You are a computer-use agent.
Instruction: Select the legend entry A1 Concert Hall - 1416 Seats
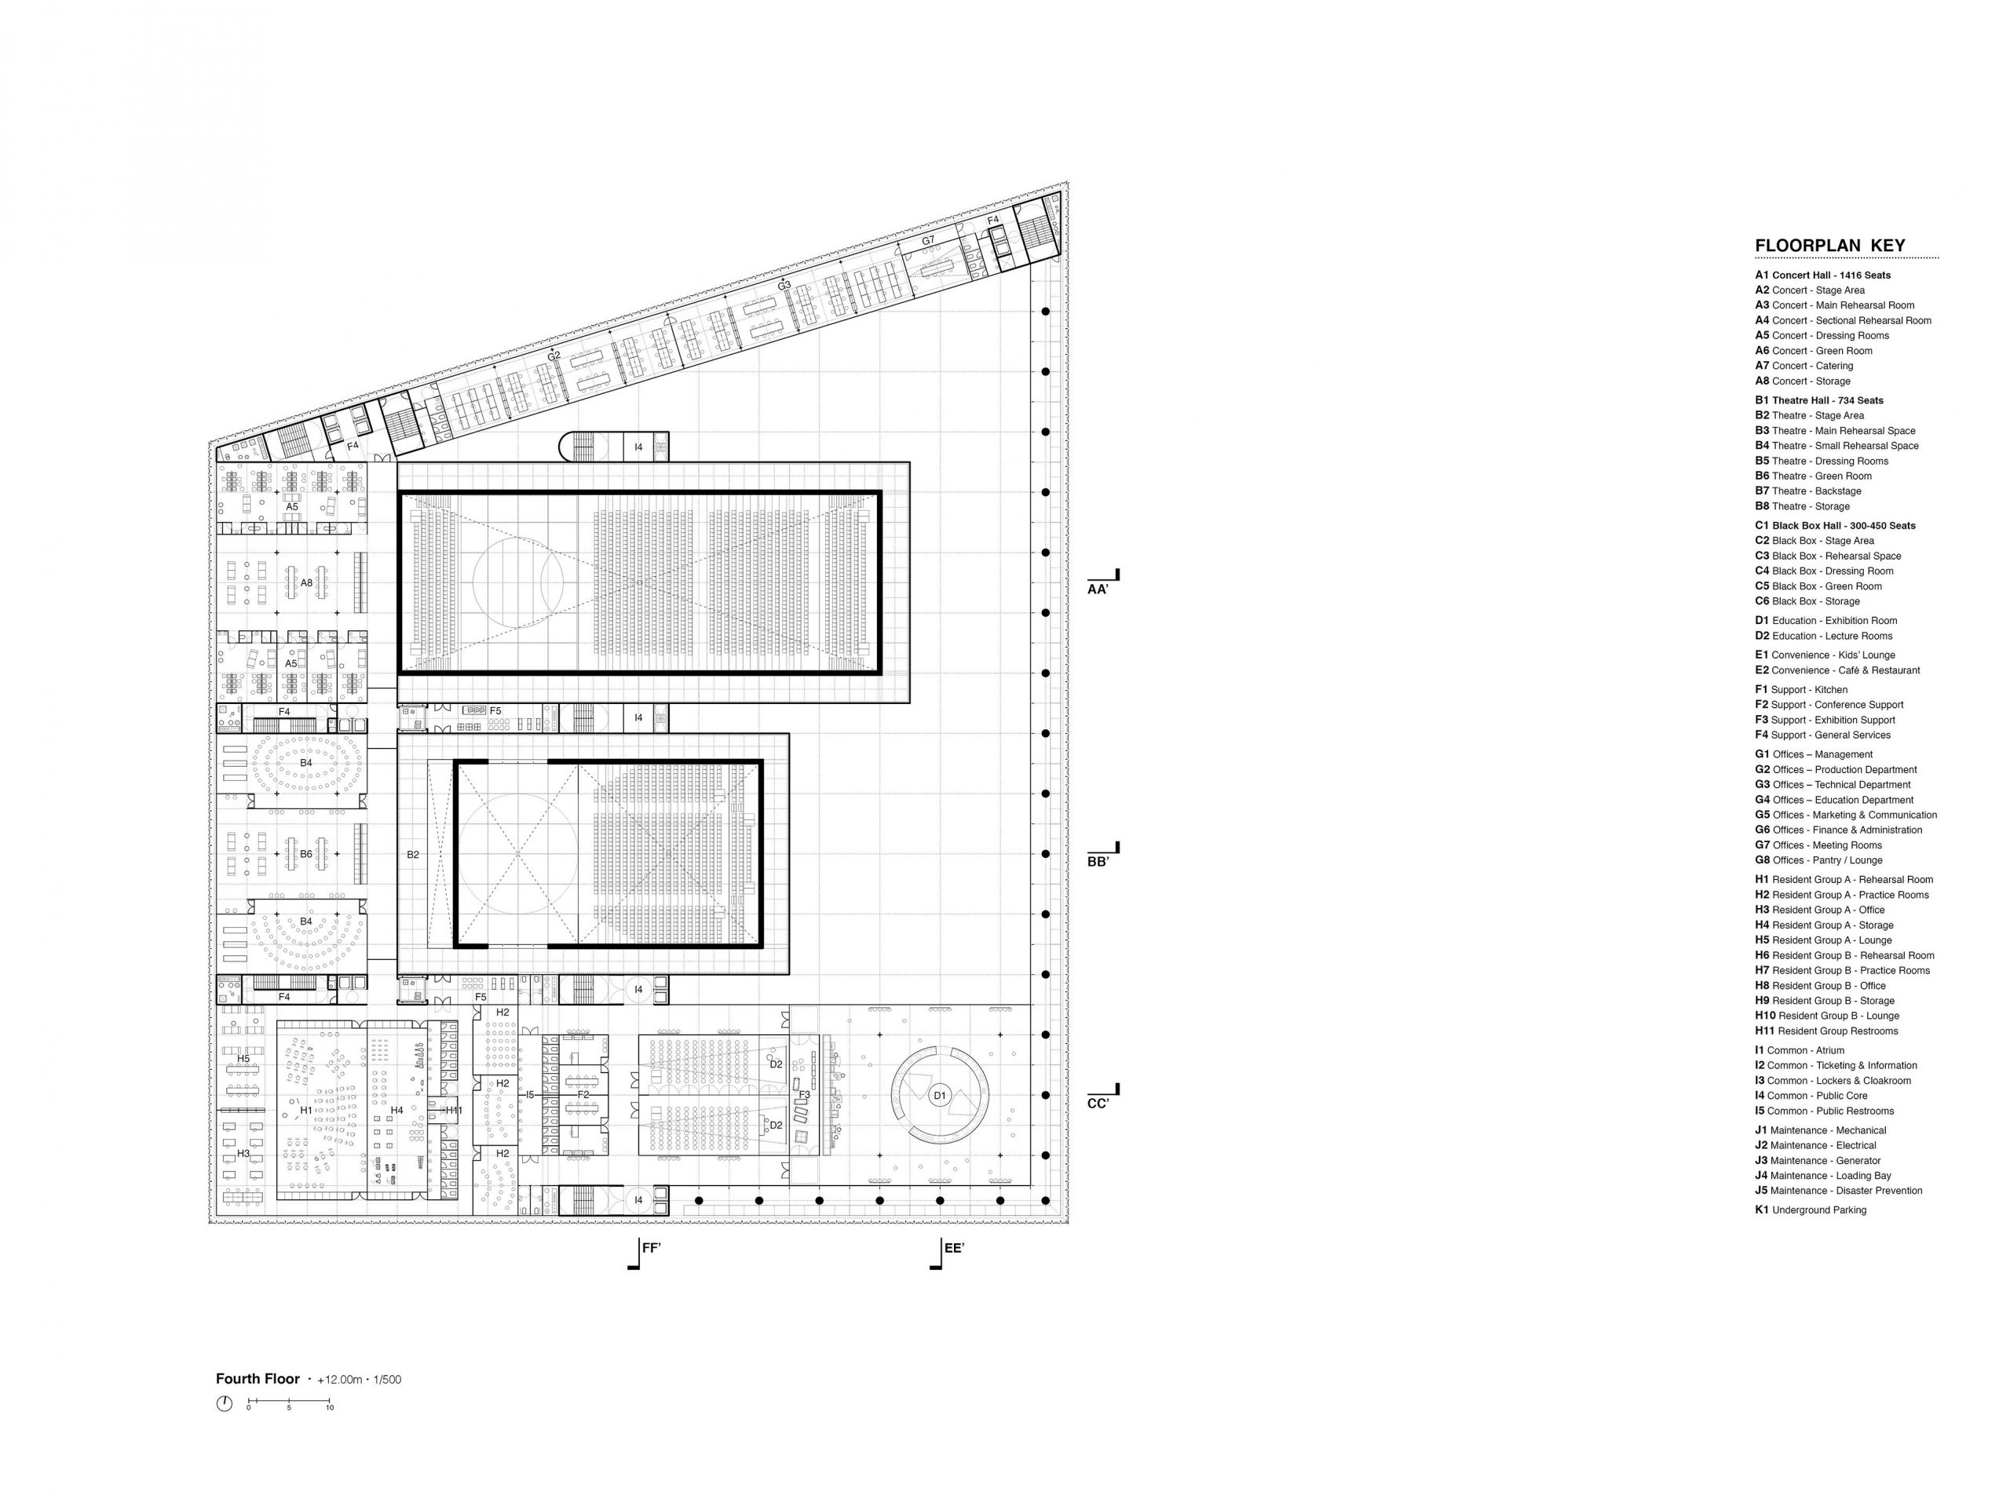tap(1823, 275)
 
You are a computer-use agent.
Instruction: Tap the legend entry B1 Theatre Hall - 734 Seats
tap(1819, 400)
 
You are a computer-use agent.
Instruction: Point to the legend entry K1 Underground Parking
tap(1810, 1210)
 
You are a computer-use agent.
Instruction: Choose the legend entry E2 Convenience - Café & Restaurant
tap(1837, 670)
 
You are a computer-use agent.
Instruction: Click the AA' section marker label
tap(1098, 589)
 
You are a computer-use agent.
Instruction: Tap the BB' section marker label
tap(1098, 861)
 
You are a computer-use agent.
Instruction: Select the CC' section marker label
tap(1098, 1104)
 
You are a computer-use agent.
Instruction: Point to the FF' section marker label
tap(652, 1248)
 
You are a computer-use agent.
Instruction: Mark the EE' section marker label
tap(954, 1248)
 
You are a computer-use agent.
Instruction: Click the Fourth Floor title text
tap(258, 1379)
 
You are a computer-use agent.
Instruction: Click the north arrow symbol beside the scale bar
tap(225, 1404)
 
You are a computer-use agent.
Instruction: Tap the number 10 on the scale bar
tap(330, 1408)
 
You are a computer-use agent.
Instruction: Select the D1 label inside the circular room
tap(940, 1096)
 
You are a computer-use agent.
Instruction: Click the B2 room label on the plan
tap(414, 855)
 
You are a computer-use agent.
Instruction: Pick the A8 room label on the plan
tap(306, 582)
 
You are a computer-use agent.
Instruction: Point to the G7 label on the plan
tap(928, 241)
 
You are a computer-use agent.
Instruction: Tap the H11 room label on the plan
tap(455, 1110)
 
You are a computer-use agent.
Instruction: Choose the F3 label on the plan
tap(804, 1095)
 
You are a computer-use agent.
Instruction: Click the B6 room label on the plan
tap(306, 855)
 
